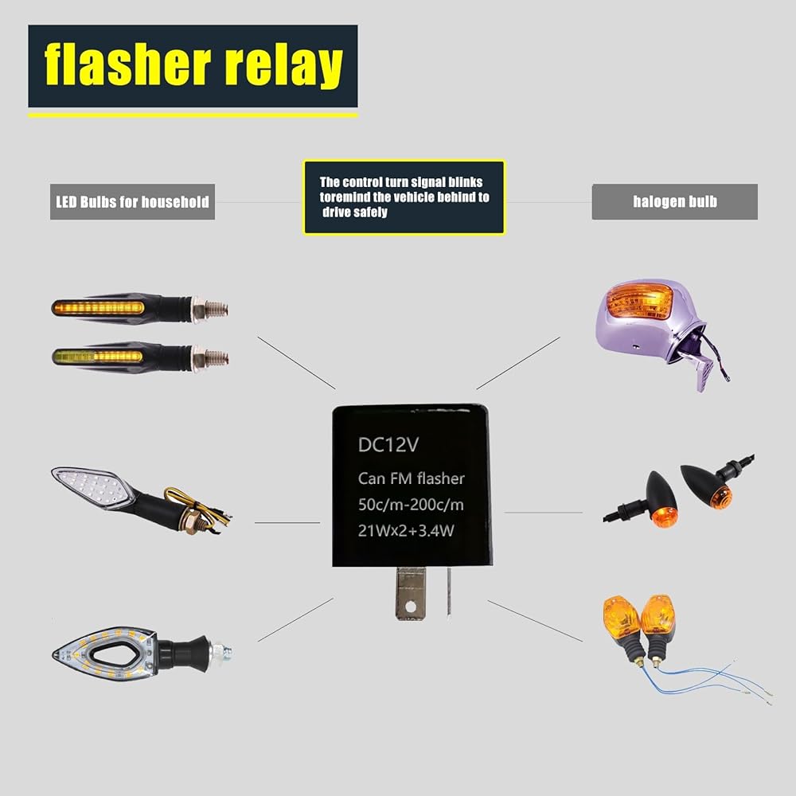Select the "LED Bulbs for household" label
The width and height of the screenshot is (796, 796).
coord(132,201)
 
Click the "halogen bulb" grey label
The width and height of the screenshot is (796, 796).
coord(674,201)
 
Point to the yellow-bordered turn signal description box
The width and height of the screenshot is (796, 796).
coord(404,197)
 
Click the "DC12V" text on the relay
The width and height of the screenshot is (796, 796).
coord(388,447)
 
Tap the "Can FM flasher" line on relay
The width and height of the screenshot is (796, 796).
coord(410,478)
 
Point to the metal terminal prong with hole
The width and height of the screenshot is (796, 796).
coord(408,592)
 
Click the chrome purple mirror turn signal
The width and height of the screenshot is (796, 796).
coord(653,326)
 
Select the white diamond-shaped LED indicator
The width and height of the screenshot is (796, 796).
coord(92,487)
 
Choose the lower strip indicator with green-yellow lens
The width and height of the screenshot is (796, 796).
coord(119,356)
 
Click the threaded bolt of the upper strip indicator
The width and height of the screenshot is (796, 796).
coord(215,307)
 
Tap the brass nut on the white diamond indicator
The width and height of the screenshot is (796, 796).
coord(191,525)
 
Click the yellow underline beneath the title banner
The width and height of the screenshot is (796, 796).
coord(193,115)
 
